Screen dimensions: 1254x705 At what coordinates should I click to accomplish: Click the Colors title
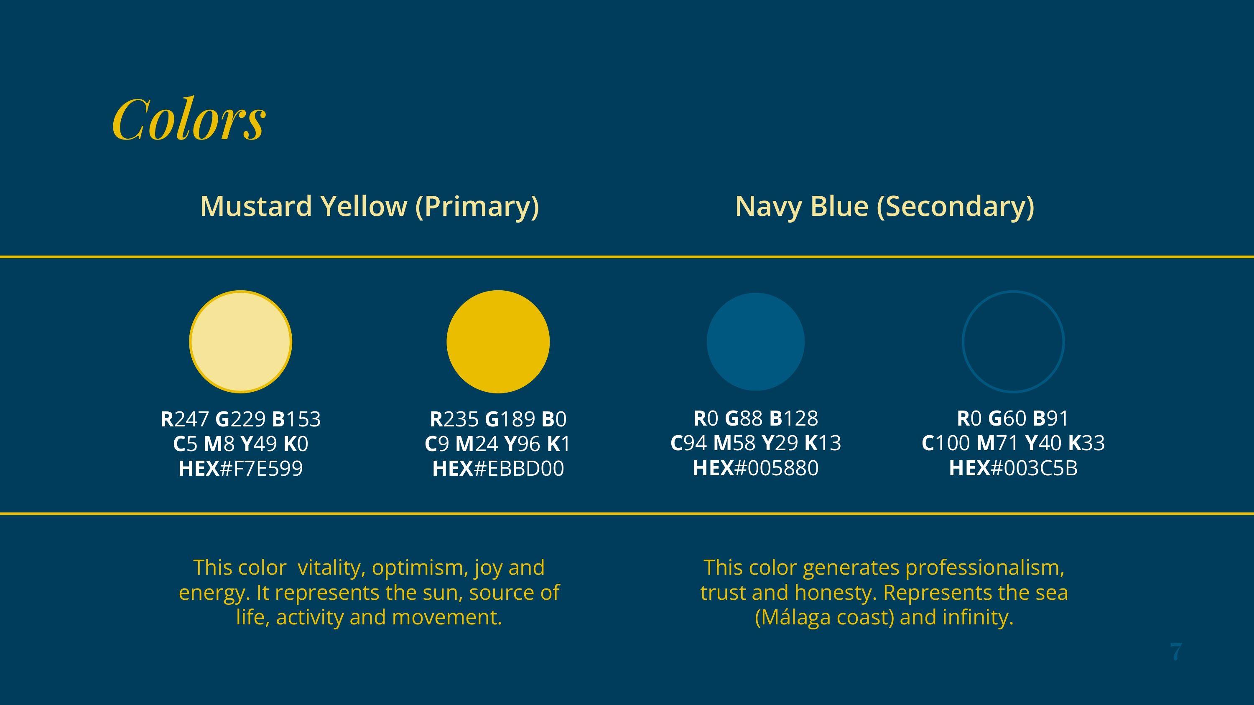(189, 119)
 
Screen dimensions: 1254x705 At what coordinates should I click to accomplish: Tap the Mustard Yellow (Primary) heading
(370, 206)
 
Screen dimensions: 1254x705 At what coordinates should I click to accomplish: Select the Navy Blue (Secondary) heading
(884, 206)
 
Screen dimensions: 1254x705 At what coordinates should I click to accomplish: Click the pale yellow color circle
(240, 342)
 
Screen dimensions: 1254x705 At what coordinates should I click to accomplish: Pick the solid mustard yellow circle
(498, 342)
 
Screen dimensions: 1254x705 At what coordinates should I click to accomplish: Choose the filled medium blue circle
(755, 342)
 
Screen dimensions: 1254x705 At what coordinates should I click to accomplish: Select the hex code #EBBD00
(519, 469)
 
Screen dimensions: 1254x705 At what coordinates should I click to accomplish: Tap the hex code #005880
(777, 468)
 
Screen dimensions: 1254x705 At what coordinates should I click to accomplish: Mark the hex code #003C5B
(1034, 468)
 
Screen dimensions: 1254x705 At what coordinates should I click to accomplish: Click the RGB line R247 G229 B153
(240, 419)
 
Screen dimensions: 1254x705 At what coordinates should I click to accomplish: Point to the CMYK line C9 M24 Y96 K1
(497, 444)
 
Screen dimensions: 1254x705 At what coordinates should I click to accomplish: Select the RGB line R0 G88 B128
(755, 418)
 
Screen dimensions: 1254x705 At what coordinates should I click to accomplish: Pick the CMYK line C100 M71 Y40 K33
(1013, 443)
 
